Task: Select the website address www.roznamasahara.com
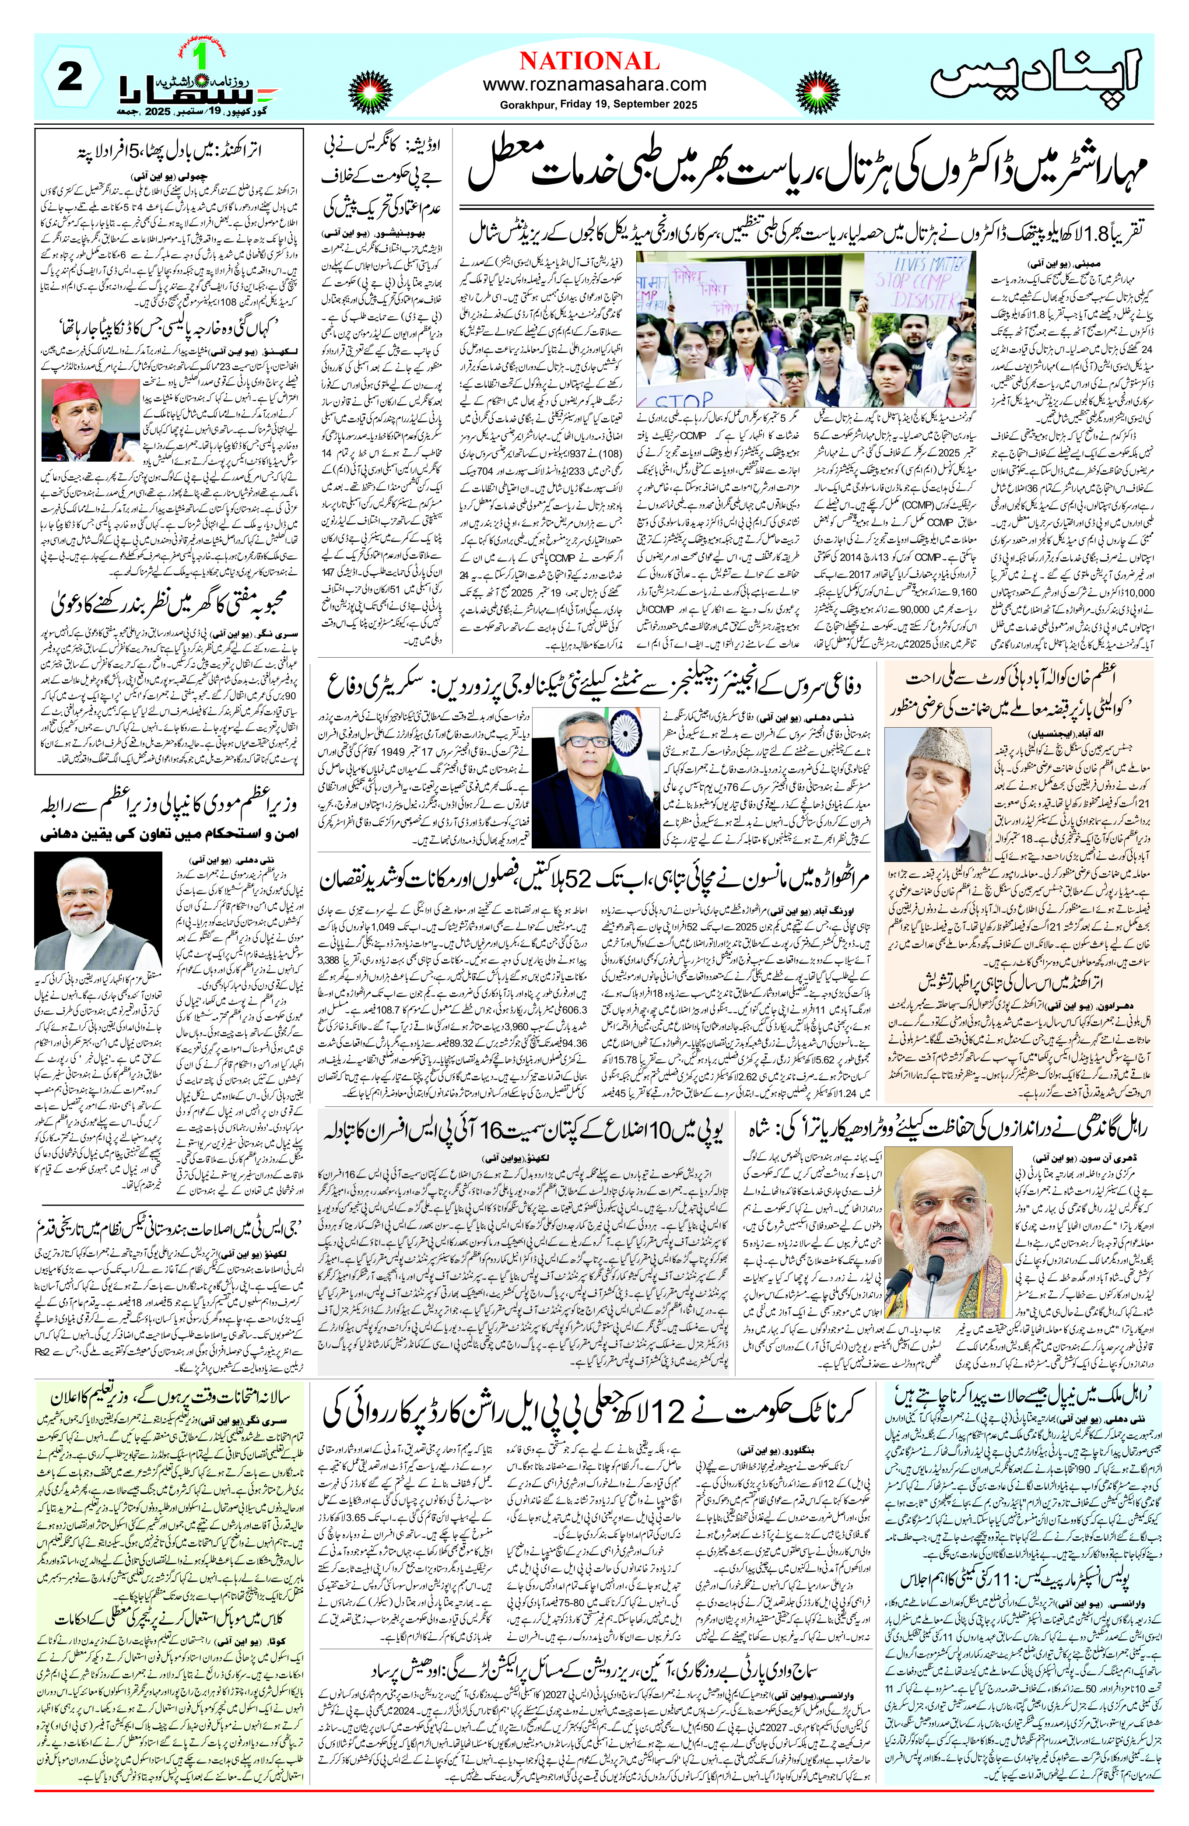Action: pyautogui.click(x=594, y=84)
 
